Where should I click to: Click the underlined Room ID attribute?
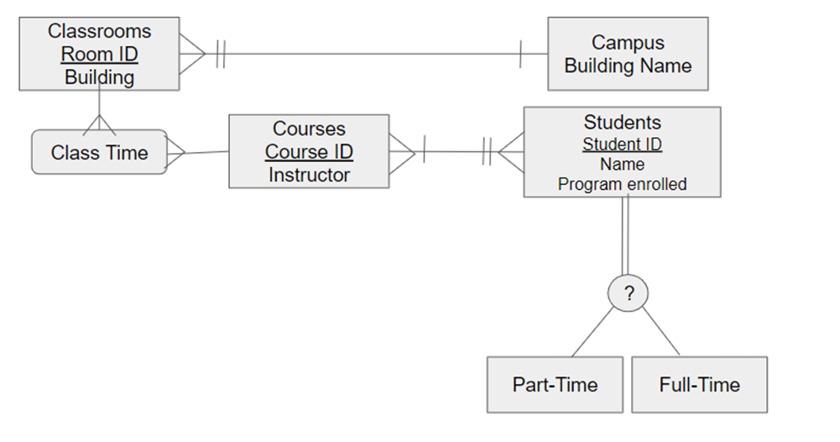click(99, 55)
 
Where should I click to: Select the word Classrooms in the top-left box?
click(99, 32)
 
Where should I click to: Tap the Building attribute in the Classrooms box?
click(99, 77)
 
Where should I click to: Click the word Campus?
click(628, 43)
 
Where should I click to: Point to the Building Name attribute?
click(628, 66)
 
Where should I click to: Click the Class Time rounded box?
click(99, 152)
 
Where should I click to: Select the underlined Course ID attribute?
click(309, 152)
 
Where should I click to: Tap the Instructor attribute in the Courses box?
click(309, 175)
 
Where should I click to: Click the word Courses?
click(309, 129)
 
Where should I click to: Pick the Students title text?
click(622, 123)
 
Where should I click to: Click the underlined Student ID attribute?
click(622, 145)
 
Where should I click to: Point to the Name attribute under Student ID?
click(622, 164)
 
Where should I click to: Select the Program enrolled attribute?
click(622, 184)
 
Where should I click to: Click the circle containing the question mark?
click(628, 293)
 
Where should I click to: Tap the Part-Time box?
click(555, 385)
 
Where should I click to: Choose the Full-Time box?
click(699, 385)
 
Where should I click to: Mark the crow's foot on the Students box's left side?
click(510, 152)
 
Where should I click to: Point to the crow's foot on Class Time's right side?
click(176, 153)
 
